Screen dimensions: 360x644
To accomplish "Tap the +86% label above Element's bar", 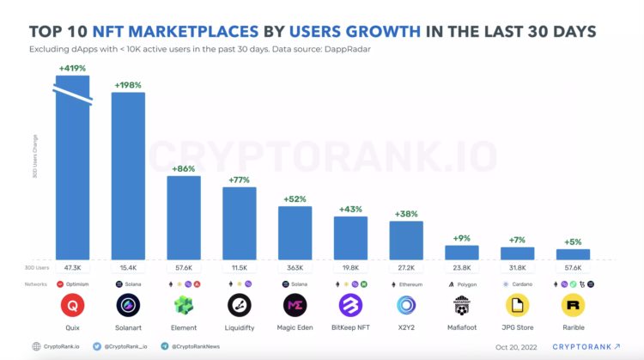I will tap(183, 169).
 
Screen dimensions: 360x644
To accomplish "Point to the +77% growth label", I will tap(239, 180).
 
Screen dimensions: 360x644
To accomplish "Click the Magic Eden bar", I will tap(295, 232).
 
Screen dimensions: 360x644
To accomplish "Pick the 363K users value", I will tap(295, 269).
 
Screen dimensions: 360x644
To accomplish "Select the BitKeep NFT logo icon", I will tap(350, 305).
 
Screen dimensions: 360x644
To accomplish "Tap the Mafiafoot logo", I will tap(462, 305).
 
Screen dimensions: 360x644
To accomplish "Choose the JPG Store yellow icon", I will tap(518, 305).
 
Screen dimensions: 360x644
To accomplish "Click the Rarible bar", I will tap(573, 254).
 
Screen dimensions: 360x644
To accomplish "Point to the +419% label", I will tap(72, 68).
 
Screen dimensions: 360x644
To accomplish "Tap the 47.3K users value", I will tap(72, 269).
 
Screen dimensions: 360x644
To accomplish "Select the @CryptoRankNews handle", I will tap(196, 347).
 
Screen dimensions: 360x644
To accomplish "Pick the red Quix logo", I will tap(72, 305).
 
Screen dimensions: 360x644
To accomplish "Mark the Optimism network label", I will tap(77, 284).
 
